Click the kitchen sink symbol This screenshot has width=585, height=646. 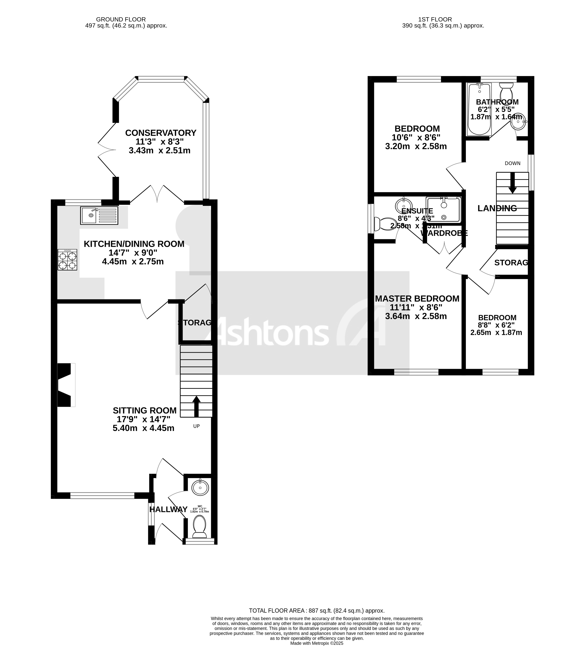coord(99,215)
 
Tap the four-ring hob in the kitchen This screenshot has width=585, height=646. coord(67,260)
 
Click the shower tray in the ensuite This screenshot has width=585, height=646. coord(443,210)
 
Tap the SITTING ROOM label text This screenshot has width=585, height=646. coord(145,410)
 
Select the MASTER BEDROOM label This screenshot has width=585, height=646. coord(417,299)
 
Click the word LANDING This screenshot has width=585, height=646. coord(497,208)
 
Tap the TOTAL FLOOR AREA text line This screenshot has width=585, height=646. coord(317,611)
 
